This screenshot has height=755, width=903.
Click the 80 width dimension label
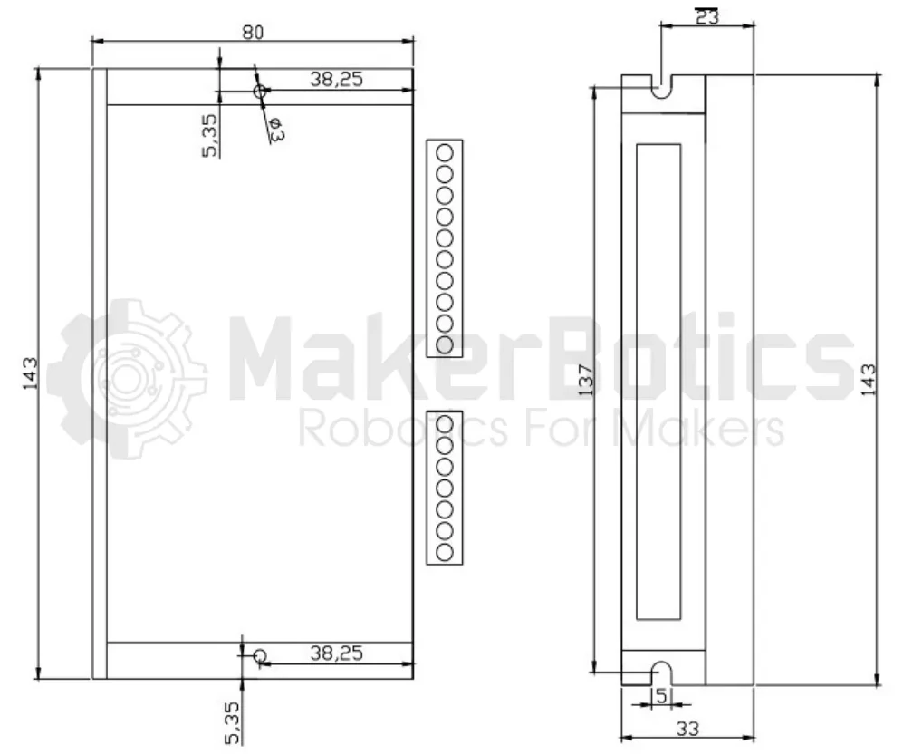[x=253, y=33]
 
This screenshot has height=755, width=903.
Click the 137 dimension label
[x=585, y=380]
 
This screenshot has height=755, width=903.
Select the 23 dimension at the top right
[x=707, y=16]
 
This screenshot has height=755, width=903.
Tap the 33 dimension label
[x=687, y=729]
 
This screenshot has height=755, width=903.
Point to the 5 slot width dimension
[x=661, y=696]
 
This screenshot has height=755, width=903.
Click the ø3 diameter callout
[x=275, y=130]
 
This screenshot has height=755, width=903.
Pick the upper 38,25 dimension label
[x=337, y=79]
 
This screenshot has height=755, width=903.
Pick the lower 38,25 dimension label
[x=337, y=653]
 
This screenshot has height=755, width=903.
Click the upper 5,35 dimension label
[x=209, y=135]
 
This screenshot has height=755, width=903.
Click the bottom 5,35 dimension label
[x=232, y=722]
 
